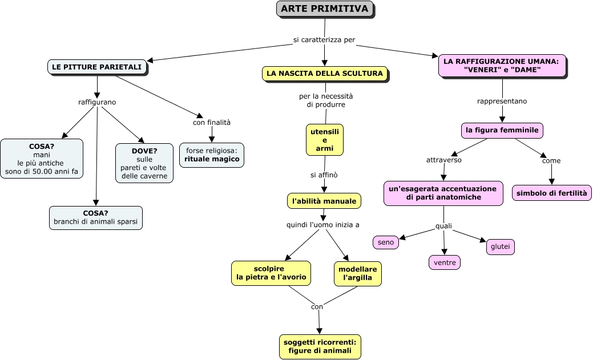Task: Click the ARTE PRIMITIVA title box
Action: [325, 9]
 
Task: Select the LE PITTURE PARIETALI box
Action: [96, 67]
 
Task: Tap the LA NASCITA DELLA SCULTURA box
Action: [325, 73]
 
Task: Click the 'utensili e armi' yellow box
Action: [325, 140]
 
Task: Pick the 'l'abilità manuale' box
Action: [324, 201]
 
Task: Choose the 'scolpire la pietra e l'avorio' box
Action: [271, 273]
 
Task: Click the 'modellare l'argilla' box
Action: [357, 273]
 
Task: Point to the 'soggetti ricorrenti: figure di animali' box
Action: [320, 346]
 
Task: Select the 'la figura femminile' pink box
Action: [502, 130]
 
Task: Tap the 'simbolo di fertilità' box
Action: [551, 193]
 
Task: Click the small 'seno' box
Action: [386, 242]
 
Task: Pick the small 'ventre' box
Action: [444, 262]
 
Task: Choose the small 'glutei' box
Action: [500, 246]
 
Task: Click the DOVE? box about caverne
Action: [144, 163]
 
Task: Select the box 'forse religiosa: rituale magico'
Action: [211, 155]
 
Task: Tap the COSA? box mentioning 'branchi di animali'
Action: [95, 218]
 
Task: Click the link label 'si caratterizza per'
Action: [324, 40]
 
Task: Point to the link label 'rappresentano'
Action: [502, 101]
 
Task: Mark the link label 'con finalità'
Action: [212, 122]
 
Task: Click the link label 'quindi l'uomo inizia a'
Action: [322, 225]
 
